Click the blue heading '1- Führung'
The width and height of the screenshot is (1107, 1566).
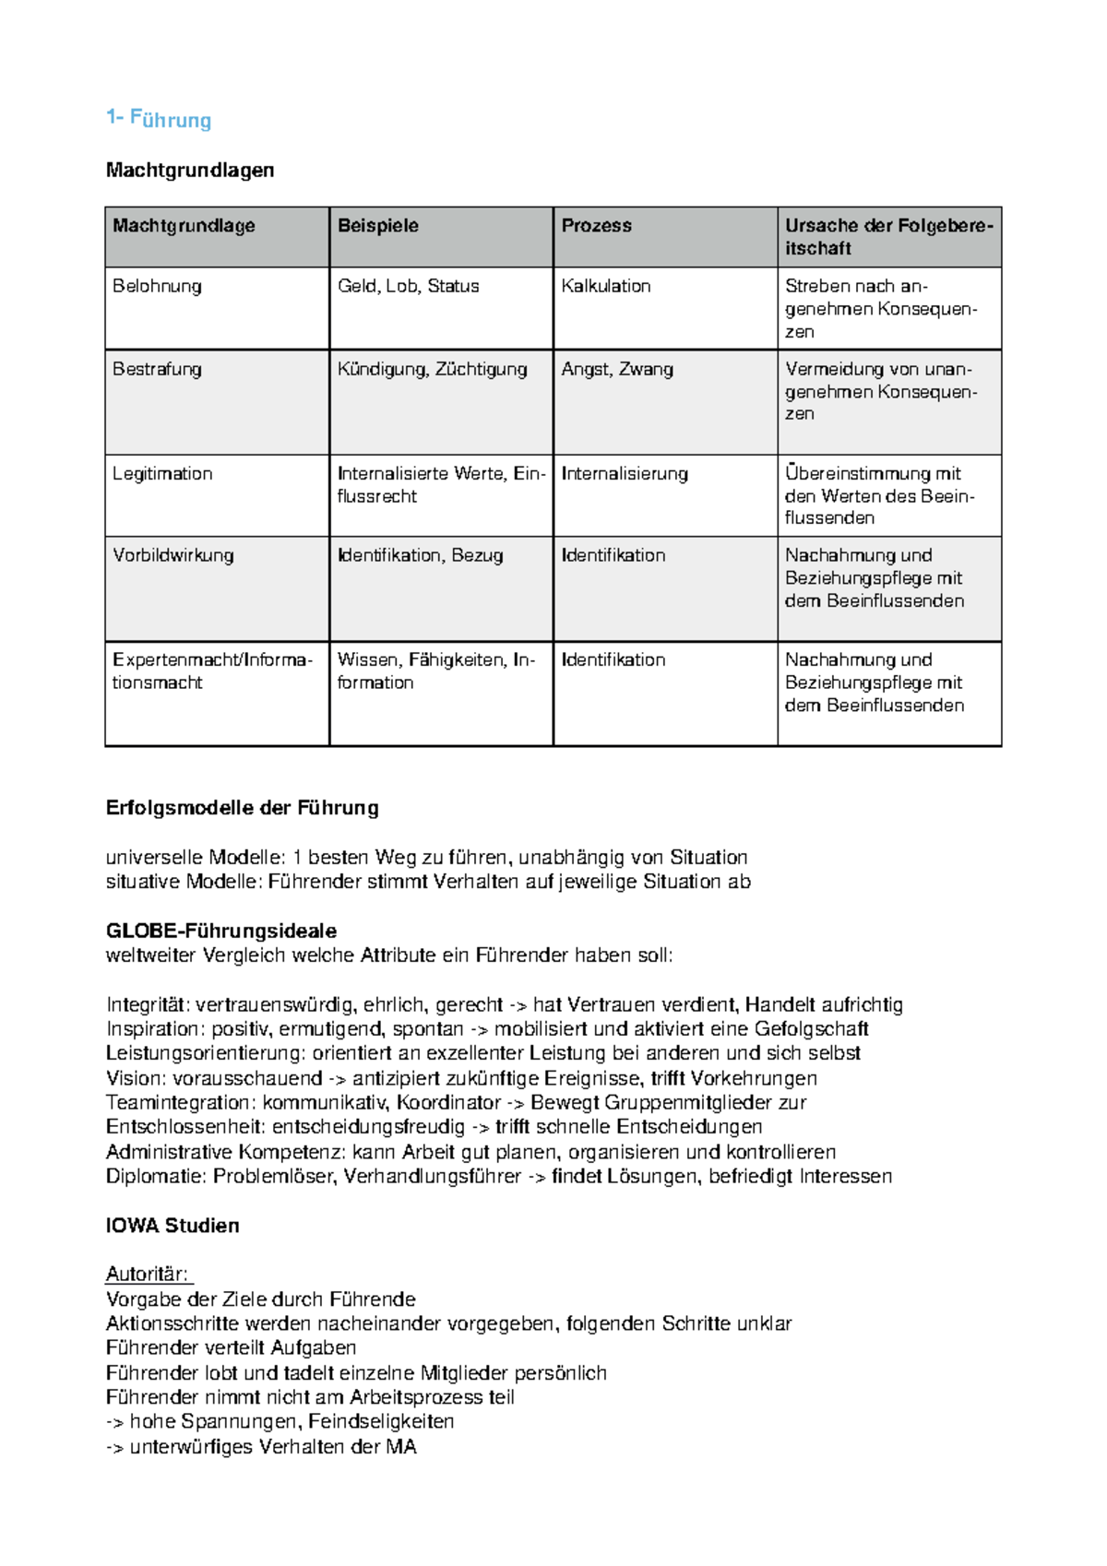[159, 119]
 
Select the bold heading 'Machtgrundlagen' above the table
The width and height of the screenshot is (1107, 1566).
[190, 170]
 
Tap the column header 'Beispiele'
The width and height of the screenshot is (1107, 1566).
[378, 226]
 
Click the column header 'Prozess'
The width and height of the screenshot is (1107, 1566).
[597, 226]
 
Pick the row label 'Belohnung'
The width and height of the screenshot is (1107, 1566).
[157, 286]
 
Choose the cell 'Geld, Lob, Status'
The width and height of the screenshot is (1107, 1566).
[408, 286]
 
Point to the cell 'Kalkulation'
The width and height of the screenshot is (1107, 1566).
[606, 286]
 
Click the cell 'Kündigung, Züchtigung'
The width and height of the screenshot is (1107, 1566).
[432, 369]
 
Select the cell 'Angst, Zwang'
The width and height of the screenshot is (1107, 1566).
[617, 369]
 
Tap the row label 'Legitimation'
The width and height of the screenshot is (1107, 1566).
[162, 474]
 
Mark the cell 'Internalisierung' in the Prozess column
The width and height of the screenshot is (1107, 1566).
[625, 474]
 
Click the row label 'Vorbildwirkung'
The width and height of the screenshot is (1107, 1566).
[173, 555]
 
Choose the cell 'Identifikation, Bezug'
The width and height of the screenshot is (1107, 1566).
[420, 555]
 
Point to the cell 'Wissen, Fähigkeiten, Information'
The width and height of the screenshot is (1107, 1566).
[435, 670]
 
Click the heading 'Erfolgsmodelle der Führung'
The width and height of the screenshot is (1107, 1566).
[242, 808]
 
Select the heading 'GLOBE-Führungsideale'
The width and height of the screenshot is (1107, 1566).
[221, 931]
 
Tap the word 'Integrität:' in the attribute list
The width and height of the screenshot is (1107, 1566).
[149, 1005]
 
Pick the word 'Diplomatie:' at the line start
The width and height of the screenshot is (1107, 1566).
[157, 1177]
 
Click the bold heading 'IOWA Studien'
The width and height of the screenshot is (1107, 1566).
[173, 1226]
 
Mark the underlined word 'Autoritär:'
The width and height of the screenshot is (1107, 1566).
[148, 1275]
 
